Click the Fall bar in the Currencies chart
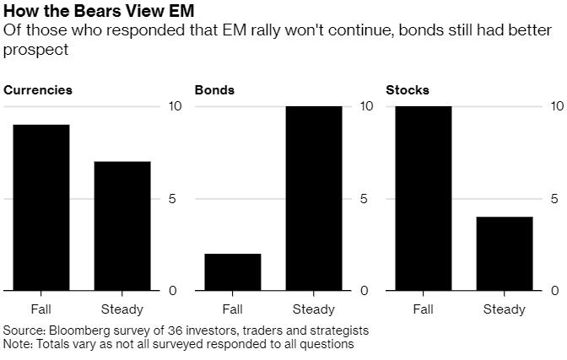click(40, 207)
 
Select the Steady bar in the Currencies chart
click(121, 226)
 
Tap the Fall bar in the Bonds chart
click(232, 272)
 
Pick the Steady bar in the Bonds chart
click(314, 198)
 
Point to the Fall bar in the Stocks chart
click(423, 198)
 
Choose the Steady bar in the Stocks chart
click(504, 254)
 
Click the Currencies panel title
click(38, 89)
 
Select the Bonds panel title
click(214, 89)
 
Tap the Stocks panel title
click(408, 89)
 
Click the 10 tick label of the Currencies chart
click(175, 106)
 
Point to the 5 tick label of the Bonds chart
click(364, 199)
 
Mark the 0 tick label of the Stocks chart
click(555, 291)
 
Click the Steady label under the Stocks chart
click(504, 309)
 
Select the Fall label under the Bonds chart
click(232, 309)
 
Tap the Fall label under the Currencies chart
click(40, 309)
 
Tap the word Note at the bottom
click(17, 344)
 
